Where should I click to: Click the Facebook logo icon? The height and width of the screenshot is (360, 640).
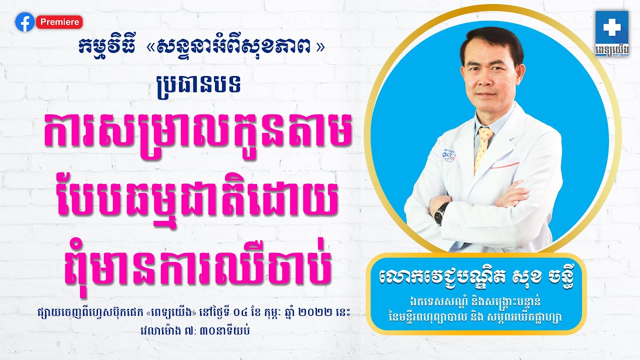point(24,22)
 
